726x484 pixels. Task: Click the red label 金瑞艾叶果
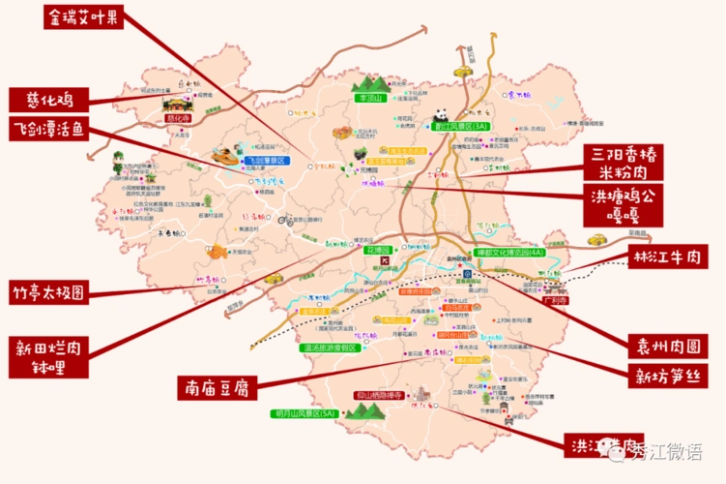click(84, 16)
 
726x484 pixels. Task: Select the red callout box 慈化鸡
click(49, 99)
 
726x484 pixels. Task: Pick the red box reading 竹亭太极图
click(48, 289)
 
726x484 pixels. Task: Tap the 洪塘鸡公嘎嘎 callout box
click(623, 206)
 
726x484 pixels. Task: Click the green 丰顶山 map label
click(370, 98)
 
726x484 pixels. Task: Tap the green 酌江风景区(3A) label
click(460, 126)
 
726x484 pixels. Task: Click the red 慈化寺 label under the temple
click(178, 118)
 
